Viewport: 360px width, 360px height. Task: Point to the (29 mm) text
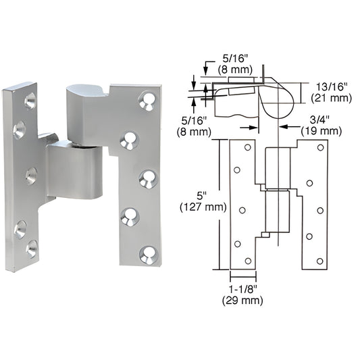(x=242, y=302)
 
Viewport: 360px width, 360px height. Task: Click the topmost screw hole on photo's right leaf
(x=146, y=101)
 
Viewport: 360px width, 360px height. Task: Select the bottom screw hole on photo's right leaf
(x=147, y=254)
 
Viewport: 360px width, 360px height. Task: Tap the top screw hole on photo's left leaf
(x=30, y=101)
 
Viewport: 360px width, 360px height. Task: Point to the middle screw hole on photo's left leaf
(x=31, y=176)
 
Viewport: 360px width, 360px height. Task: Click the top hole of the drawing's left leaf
(x=247, y=147)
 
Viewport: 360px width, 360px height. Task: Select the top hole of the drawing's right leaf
(x=321, y=146)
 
